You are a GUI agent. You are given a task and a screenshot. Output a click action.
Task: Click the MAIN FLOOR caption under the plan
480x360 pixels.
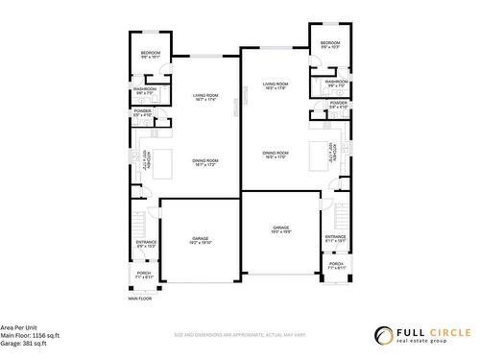(140, 299)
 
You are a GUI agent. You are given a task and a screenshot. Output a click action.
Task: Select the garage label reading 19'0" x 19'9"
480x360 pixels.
(280, 229)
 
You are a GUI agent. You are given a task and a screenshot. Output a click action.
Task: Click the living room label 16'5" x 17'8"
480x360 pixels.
(276, 86)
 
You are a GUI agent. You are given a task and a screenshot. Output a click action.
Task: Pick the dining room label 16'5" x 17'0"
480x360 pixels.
(276, 156)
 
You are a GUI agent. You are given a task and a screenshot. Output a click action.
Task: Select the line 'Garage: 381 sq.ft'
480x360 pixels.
(25, 342)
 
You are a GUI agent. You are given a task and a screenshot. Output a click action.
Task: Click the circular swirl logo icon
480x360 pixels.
(384, 335)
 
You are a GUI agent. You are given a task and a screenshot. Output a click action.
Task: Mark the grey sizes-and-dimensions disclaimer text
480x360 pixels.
(239, 335)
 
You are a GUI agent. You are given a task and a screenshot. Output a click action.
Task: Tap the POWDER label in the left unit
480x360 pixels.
(142, 113)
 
